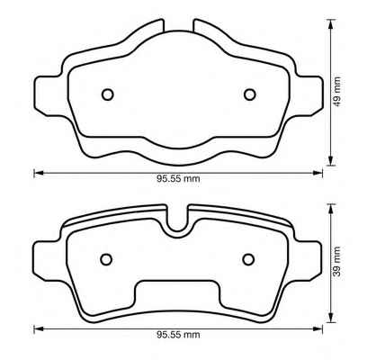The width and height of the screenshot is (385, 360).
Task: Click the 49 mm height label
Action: point(337,92)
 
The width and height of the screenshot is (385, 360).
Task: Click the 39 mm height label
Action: point(337,262)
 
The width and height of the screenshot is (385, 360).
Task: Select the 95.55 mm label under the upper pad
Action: point(178,179)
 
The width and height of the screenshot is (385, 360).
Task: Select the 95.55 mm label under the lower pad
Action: point(178,335)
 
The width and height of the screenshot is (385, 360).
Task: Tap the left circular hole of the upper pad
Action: point(108,94)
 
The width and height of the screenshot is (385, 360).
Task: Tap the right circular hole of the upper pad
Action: point(250,94)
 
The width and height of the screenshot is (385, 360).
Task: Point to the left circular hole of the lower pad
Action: point(106,259)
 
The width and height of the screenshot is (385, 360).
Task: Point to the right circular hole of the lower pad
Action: point(248,259)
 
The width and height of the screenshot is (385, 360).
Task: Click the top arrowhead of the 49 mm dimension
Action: point(330,23)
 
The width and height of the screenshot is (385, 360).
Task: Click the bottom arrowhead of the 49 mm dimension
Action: point(330,160)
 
